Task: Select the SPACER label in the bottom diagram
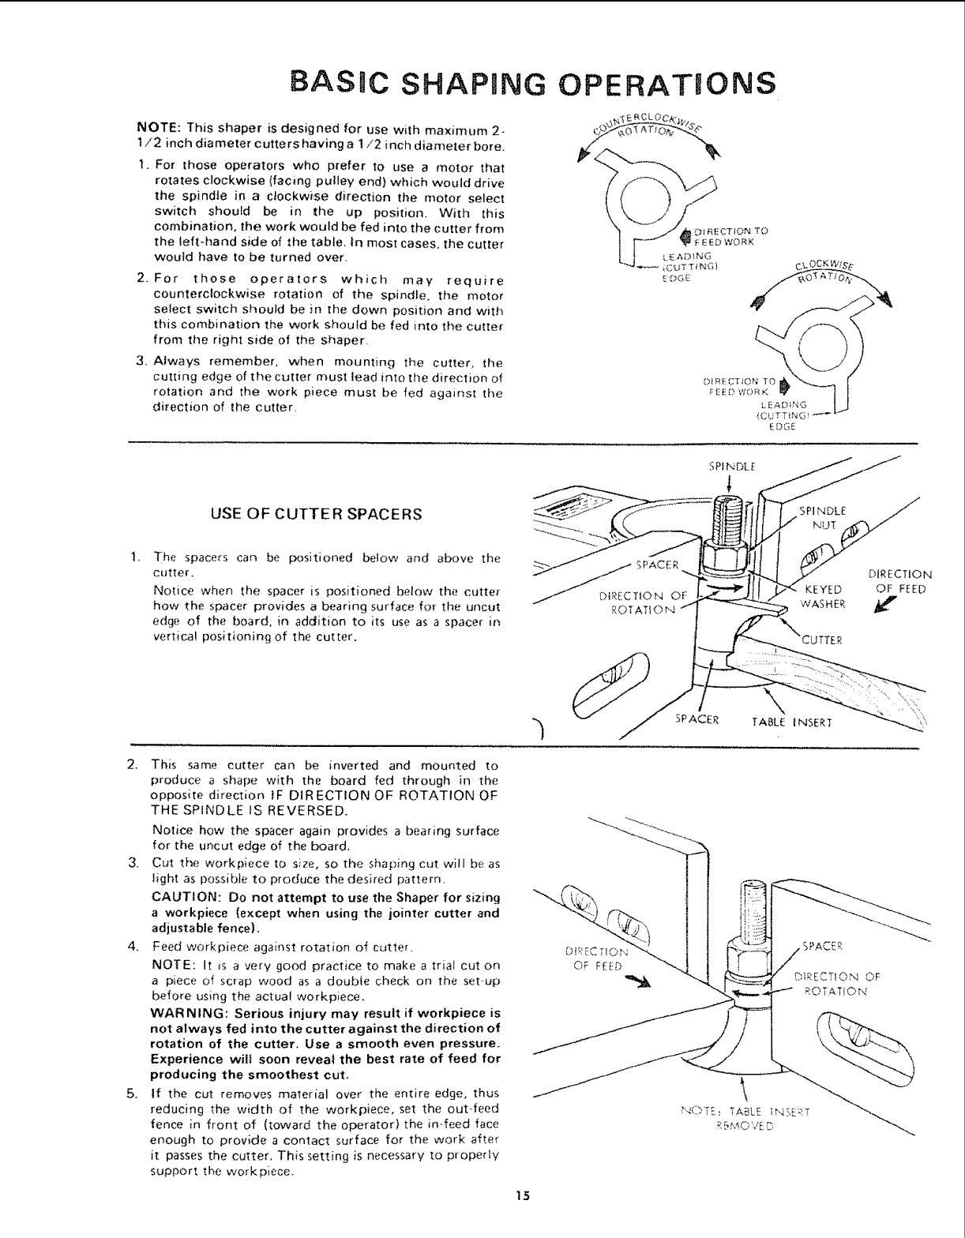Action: (x=823, y=946)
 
